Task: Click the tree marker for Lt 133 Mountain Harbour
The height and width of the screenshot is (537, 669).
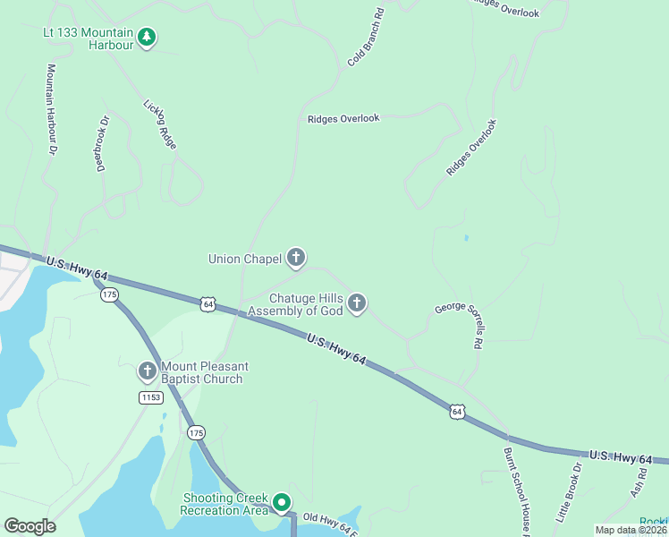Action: coord(147,38)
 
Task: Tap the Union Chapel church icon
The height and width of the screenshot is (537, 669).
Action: coord(296,259)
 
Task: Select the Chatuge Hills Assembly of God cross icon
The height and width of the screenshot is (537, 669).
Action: coord(357,303)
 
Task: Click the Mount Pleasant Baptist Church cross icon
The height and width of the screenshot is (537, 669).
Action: coord(148,371)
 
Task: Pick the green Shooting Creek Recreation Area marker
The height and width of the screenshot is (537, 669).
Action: coord(283,503)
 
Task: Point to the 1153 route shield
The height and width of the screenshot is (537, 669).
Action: coord(150,396)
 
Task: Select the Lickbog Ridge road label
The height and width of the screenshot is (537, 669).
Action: coord(160,123)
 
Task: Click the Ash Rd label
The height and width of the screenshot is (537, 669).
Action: coord(638,483)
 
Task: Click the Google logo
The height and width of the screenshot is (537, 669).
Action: coord(30,526)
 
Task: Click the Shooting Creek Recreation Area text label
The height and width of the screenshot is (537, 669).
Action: coord(224,504)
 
